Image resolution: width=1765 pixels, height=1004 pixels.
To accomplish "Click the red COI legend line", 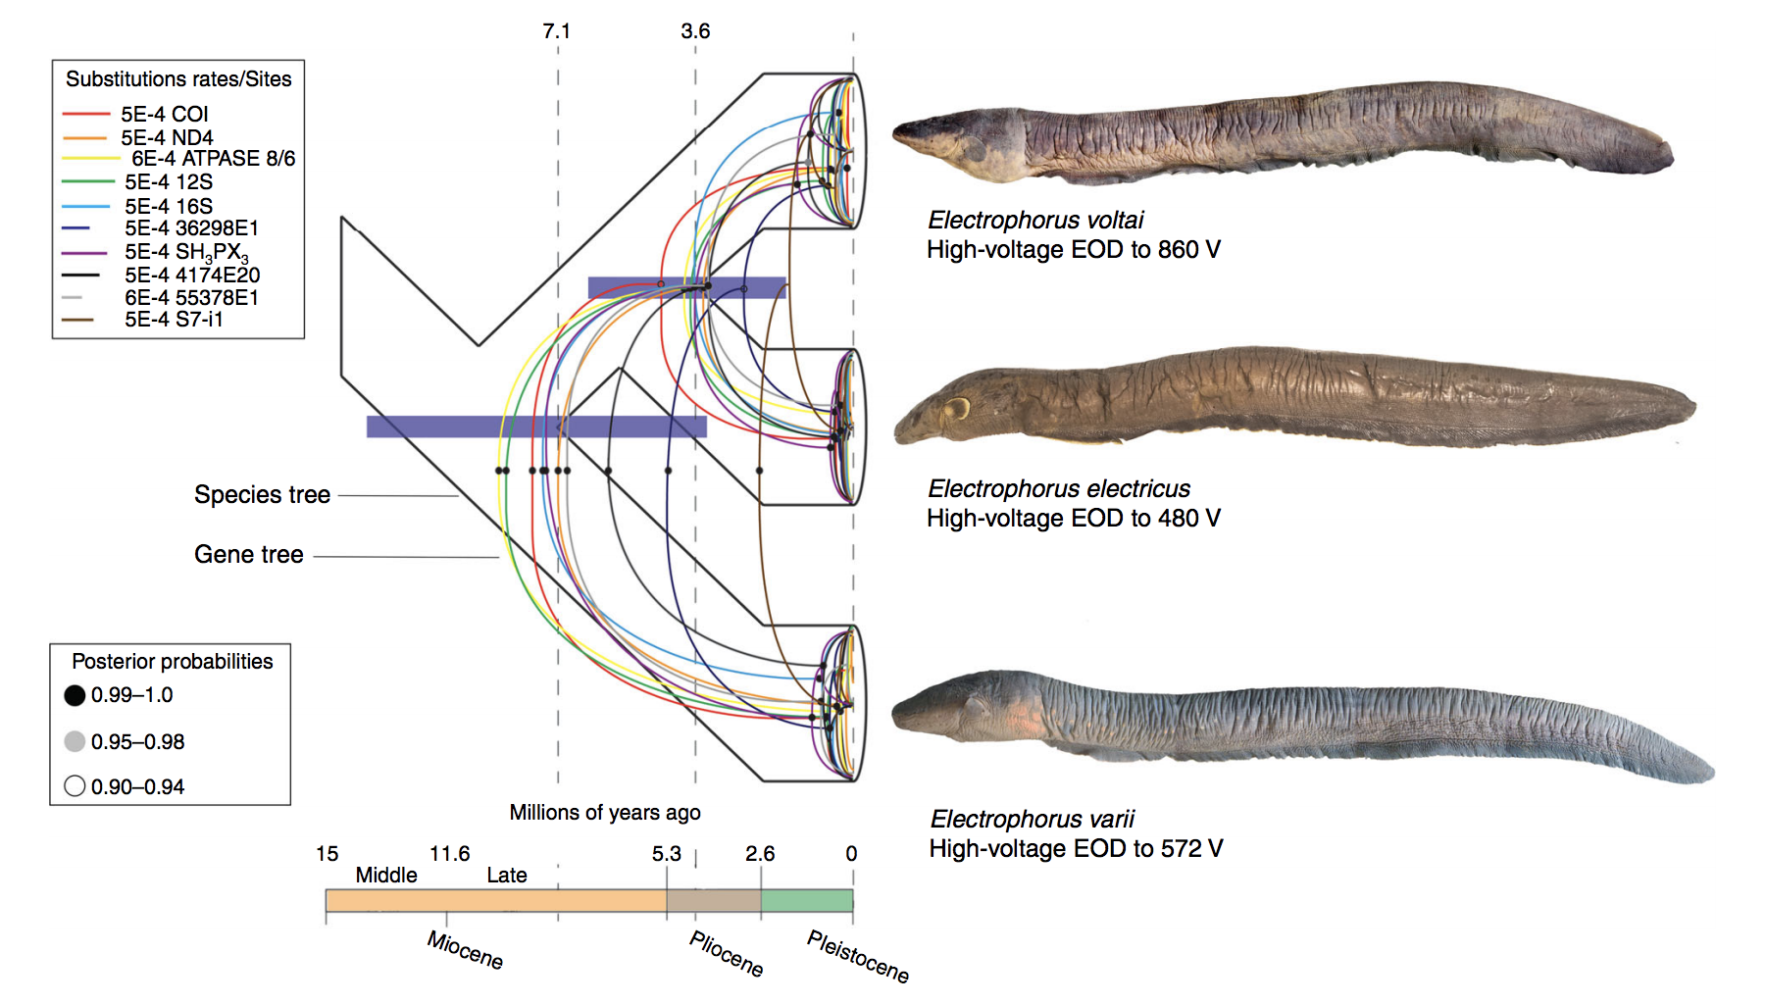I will (85, 115).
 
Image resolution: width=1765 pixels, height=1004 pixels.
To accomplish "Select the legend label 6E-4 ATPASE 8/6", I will (213, 159).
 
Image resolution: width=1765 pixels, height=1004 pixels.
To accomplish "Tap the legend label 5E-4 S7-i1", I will (174, 320).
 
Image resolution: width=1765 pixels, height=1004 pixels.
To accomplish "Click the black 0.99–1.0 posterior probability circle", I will (75, 695).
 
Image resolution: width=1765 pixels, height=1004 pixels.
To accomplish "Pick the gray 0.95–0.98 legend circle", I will (75, 741).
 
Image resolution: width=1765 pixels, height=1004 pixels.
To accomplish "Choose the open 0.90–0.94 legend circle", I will (75, 786).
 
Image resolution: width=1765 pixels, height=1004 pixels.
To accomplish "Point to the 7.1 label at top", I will (556, 31).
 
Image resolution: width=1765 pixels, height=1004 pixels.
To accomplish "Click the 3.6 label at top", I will (695, 31).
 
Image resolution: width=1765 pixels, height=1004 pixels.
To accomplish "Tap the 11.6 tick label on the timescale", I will (450, 854).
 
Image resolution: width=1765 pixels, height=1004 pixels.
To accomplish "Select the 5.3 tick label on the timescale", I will (666, 854).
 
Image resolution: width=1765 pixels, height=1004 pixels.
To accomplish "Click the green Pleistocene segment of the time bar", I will (806, 901).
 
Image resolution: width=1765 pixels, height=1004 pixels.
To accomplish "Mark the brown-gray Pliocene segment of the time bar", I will (713, 901).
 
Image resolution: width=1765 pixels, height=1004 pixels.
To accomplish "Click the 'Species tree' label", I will (262, 495).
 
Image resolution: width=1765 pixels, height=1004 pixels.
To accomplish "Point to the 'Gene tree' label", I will (248, 555).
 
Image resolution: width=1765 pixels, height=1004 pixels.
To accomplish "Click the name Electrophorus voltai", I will (1035, 221).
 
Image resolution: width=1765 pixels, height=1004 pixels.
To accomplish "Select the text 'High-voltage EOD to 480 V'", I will (1073, 519).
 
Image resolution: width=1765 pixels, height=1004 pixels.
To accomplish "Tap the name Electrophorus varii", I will (1032, 820).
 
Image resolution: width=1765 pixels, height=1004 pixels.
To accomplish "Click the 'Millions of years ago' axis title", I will (604, 813).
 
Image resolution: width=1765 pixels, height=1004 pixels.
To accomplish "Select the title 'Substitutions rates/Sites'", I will (178, 79).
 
